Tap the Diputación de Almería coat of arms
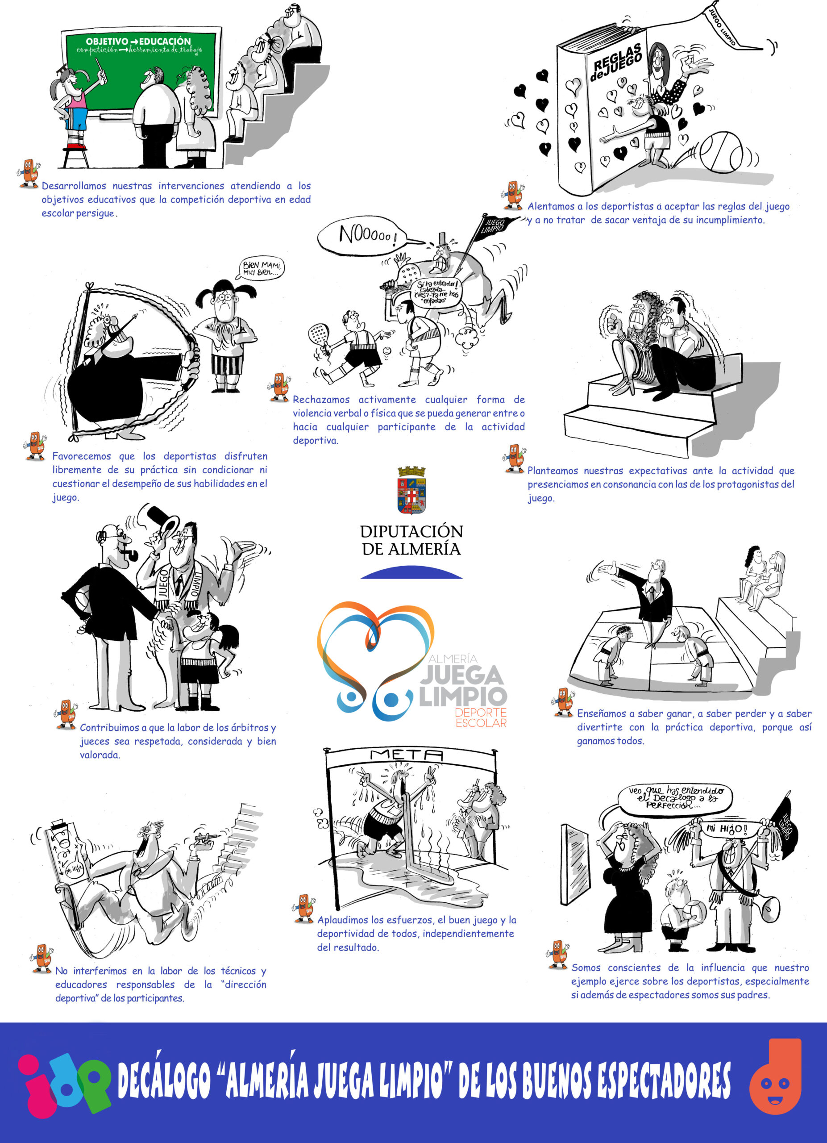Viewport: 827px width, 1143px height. [411, 490]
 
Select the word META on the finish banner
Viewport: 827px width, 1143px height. [406, 755]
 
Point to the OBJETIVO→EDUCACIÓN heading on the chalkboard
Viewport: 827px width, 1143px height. [138, 42]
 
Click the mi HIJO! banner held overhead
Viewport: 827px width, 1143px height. [729, 829]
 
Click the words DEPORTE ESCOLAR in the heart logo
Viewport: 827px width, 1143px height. [481, 718]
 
